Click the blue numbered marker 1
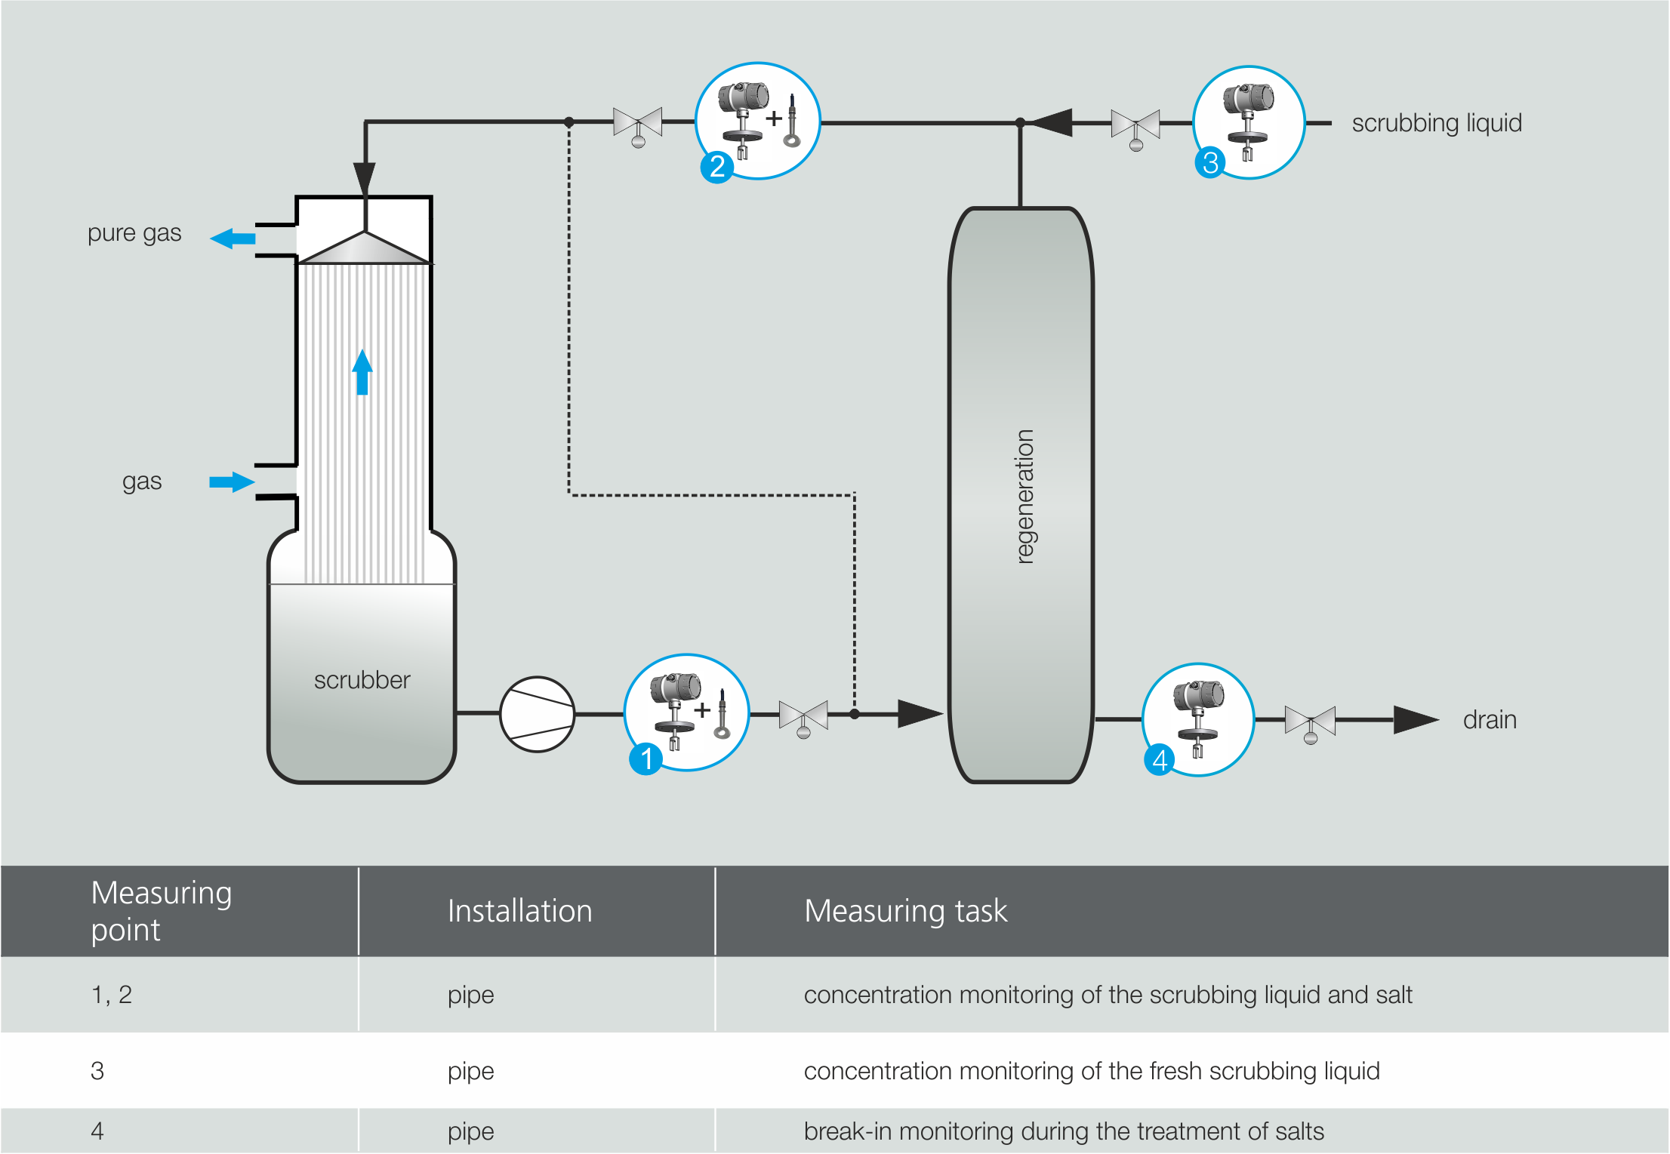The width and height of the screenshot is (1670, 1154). point(646,759)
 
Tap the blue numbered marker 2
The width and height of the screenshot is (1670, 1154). point(716,166)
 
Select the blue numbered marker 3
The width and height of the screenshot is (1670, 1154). point(1210,162)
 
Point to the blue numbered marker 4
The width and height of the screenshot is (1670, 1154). point(1160,759)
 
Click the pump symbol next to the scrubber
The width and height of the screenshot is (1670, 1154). point(537,714)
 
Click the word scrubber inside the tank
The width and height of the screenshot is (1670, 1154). point(362,680)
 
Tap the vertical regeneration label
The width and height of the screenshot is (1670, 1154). point(1024,497)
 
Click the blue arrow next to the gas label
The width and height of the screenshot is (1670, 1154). point(231,482)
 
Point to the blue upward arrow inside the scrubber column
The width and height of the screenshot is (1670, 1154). point(362,371)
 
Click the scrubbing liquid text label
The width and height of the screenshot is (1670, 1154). point(1436,123)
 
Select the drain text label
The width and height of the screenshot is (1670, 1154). point(1489,720)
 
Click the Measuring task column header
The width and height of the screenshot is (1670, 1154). point(905,911)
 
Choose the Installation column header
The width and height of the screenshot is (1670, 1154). point(519,911)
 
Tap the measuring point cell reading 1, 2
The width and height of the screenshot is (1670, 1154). point(112,995)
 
